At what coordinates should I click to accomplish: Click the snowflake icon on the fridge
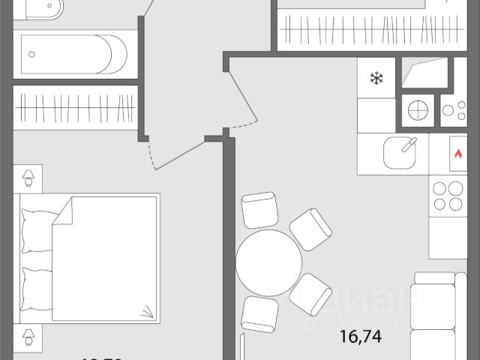point(376,78)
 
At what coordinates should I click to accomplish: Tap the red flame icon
point(457,155)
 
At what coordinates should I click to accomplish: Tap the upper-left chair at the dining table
point(259,211)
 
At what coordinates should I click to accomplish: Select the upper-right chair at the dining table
point(310,229)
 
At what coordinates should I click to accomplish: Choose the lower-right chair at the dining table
point(311,293)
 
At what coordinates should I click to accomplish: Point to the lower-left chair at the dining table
point(259,313)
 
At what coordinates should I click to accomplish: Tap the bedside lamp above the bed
point(28,178)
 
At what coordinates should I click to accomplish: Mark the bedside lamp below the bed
point(28,335)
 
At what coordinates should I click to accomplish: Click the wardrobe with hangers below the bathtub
point(76,107)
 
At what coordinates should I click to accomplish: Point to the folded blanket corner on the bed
point(147,309)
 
